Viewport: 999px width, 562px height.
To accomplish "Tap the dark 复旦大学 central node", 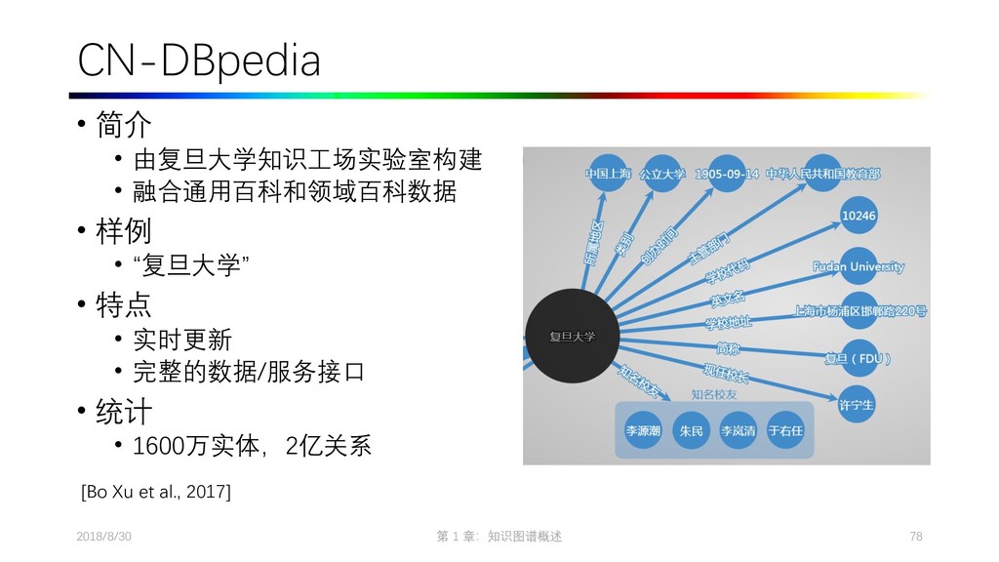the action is pos(572,337).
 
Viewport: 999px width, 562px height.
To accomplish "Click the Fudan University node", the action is pos(859,266).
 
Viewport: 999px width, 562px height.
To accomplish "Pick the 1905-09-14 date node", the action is pos(727,174).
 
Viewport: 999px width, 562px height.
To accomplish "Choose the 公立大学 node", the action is pos(662,174).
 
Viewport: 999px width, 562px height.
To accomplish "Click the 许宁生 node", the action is pos(857,403).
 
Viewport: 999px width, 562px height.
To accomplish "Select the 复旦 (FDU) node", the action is pos(859,358).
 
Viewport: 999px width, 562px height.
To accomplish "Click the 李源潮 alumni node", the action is pos(643,430).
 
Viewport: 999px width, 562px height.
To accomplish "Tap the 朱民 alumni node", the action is pos(691,430).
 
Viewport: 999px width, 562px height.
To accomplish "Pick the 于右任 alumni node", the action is pos(784,430).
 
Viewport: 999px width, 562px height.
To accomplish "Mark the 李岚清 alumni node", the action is pos(738,430).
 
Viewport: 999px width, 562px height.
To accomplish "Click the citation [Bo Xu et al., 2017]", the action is pos(156,491).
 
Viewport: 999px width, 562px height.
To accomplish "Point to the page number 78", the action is pos(915,537).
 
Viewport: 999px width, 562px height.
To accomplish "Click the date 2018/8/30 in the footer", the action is pos(103,537).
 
